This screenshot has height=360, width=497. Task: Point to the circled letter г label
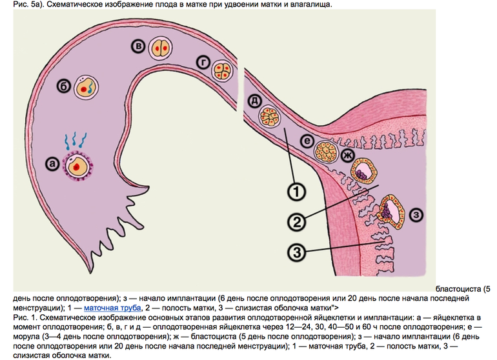pyautogui.click(x=203, y=62)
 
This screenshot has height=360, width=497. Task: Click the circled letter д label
pyautogui.click(x=252, y=101)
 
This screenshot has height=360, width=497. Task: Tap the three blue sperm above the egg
pyautogui.click(x=76, y=139)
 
